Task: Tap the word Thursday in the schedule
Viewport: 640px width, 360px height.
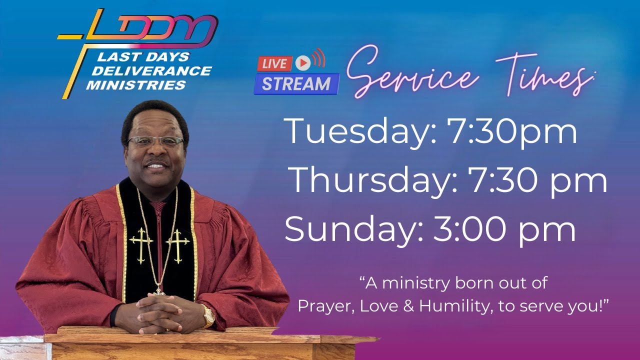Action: coord(373,180)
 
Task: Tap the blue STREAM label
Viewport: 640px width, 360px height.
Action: coord(296,84)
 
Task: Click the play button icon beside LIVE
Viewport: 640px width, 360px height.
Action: coord(302,62)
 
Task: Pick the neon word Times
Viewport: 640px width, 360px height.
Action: coord(542,75)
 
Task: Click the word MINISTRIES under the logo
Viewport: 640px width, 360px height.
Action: coord(136,85)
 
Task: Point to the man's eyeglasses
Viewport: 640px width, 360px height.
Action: coord(155,141)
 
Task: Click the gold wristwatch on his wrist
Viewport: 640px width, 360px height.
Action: coord(208,315)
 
